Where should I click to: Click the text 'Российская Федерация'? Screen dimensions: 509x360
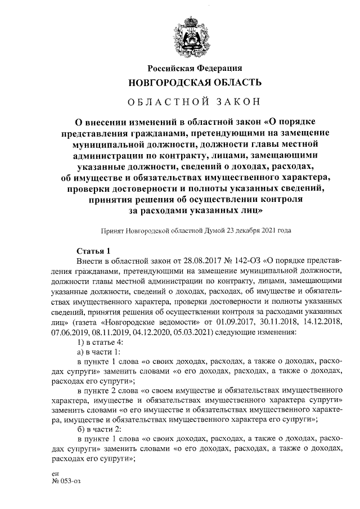pyautogui.click(x=195, y=68)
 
